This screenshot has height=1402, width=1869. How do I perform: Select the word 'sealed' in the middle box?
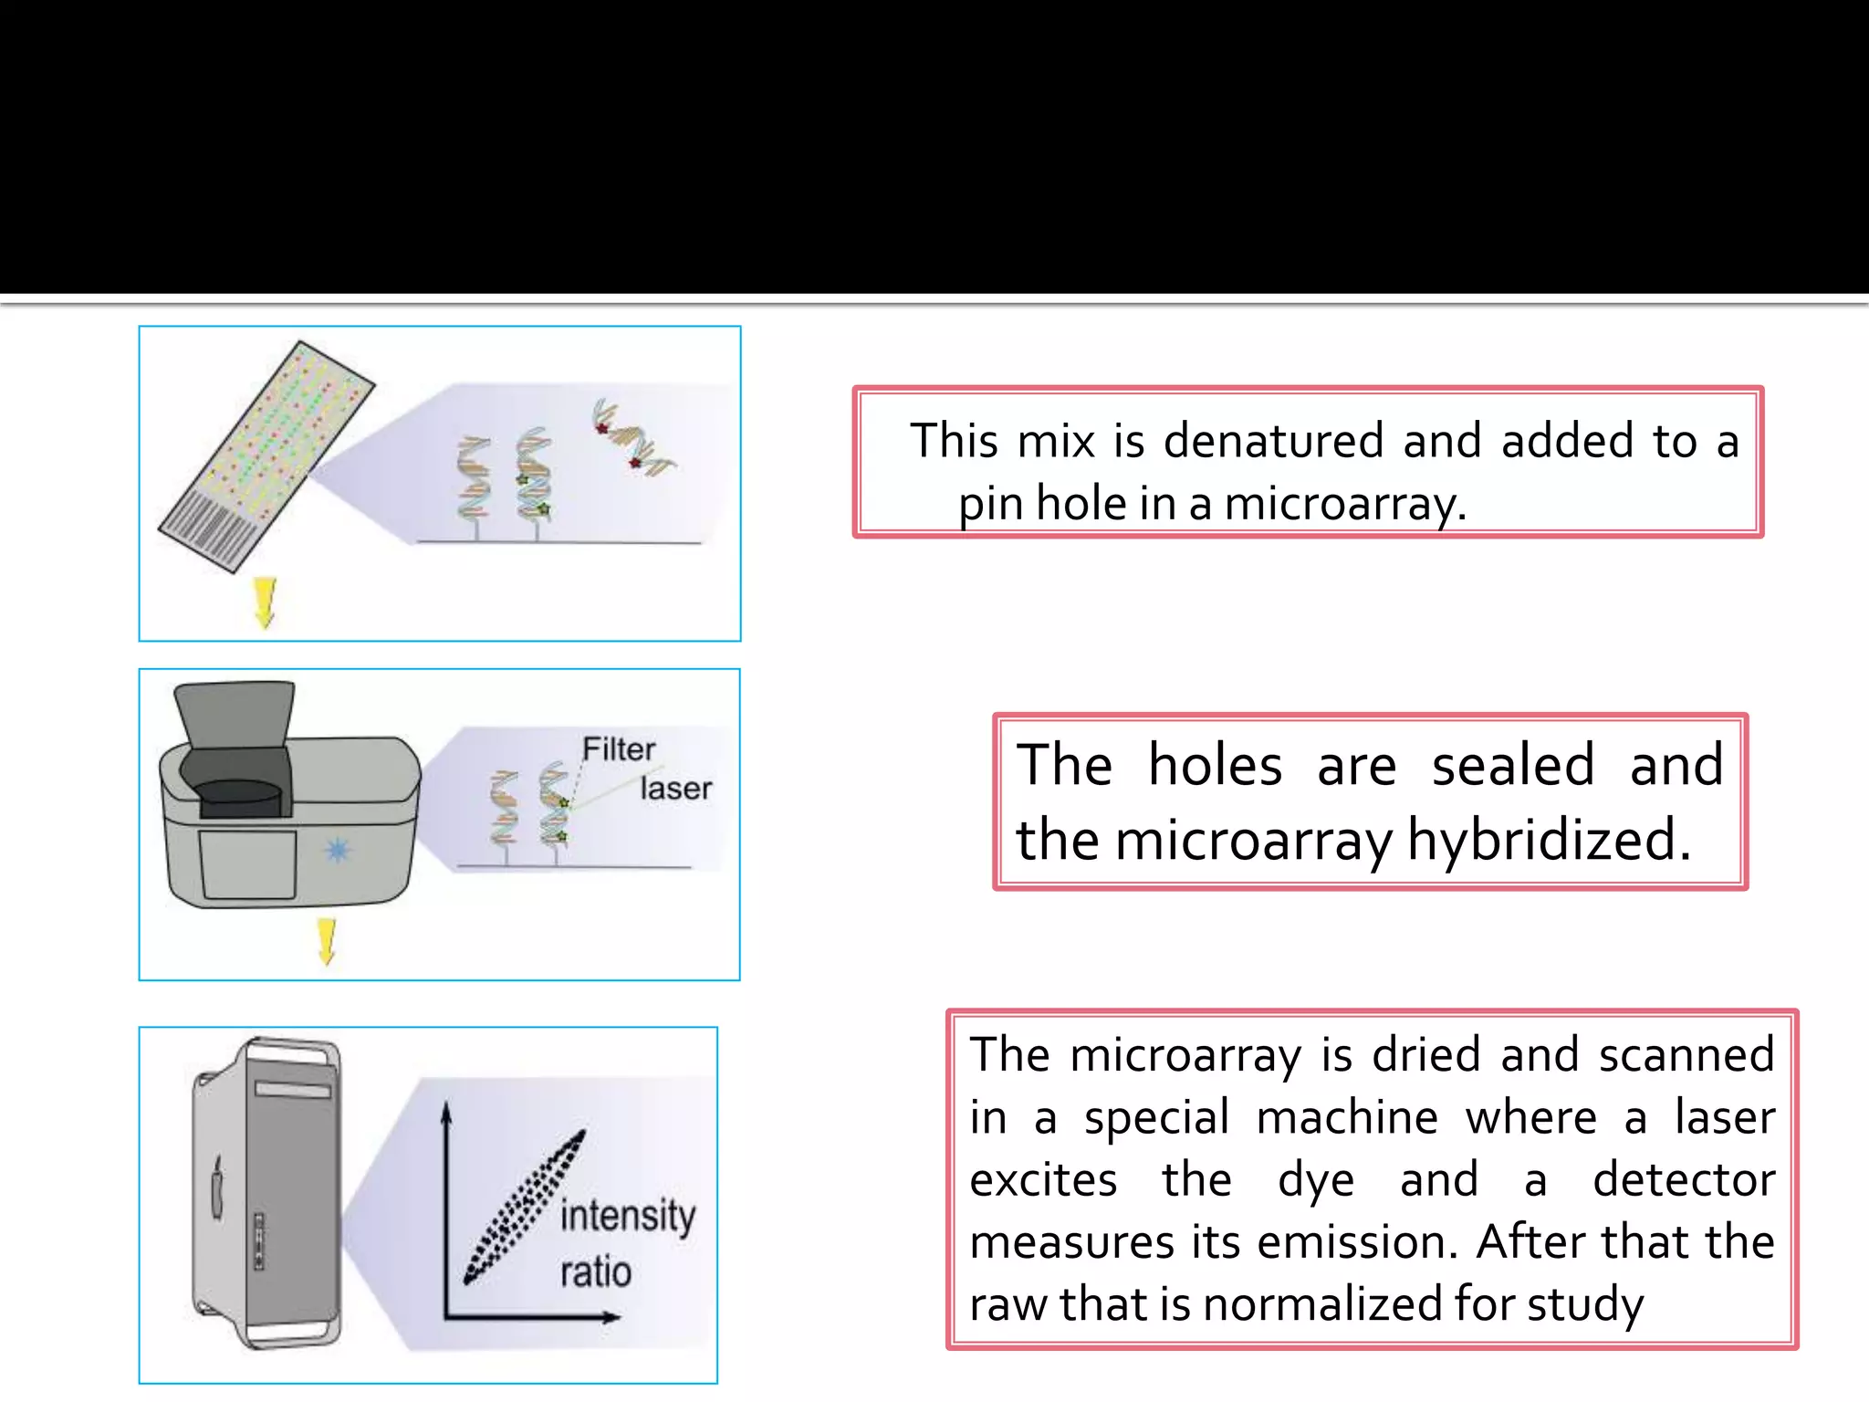coord(1512,765)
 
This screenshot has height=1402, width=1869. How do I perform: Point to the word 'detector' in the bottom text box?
coord(1683,1179)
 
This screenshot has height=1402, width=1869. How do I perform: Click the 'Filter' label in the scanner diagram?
coord(619,749)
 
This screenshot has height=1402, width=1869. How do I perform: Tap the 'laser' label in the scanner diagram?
coord(675,788)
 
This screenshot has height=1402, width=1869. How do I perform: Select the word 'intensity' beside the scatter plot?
coord(628,1216)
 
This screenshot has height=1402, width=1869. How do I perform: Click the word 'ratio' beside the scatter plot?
coord(596,1271)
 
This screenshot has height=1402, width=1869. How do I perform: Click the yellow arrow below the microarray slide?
coord(265,602)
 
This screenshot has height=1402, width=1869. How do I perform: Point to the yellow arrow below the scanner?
coord(327,941)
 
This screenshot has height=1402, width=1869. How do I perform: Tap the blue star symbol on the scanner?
coord(338,851)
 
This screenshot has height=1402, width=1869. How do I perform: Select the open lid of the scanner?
coord(235,716)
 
